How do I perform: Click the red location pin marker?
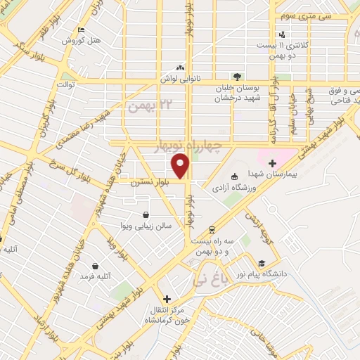coord(182,166)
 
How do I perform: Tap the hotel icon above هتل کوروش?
coord(81,30)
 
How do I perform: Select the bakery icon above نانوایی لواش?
coord(181,69)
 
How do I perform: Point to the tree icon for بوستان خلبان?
coord(238,77)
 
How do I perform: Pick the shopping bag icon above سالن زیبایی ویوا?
coord(146,215)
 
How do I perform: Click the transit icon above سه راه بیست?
coord(212,230)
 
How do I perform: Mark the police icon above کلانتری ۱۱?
coord(282,34)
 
